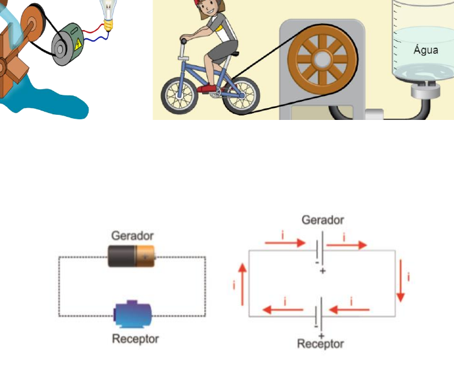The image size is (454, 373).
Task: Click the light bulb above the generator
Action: (x=108, y=14)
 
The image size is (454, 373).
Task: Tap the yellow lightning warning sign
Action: (x=78, y=45)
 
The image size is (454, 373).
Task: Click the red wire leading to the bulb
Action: (x=93, y=29)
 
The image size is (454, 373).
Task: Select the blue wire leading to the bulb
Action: (x=95, y=37)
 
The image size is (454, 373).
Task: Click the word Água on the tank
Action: (x=426, y=50)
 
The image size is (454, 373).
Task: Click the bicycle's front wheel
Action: (x=180, y=95)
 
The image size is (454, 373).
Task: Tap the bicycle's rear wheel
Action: (x=241, y=96)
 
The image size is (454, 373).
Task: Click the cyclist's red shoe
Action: (x=207, y=89)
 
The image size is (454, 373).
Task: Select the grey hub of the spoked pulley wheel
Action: (x=322, y=60)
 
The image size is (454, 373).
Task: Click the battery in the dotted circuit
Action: (x=131, y=256)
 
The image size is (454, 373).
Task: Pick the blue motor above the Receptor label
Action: (x=132, y=314)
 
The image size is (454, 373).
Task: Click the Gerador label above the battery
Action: (x=132, y=235)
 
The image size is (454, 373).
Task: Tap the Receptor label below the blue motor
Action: (x=136, y=339)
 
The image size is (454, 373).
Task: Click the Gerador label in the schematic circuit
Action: (x=323, y=220)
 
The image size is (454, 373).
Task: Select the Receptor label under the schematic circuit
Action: (x=320, y=343)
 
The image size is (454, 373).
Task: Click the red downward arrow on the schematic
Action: (x=401, y=281)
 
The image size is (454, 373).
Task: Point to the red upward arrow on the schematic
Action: (x=242, y=284)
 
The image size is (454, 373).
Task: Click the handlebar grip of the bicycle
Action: (x=183, y=41)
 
